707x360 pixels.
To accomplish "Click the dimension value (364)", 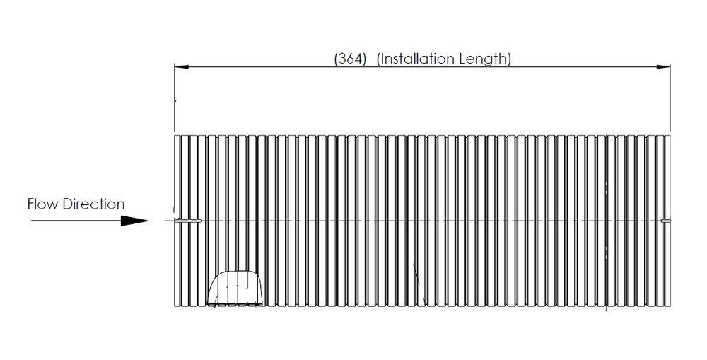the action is (x=350, y=59).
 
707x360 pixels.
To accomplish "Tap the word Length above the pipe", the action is (x=482, y=59).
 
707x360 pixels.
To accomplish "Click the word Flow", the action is (x=42, y=204).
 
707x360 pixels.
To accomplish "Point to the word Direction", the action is (x=93, y=204).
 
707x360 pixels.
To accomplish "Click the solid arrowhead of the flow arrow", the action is (x=134, y=221).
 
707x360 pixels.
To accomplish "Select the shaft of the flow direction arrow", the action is (x=76, y=221).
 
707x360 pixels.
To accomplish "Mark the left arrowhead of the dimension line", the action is (x=181, y=66).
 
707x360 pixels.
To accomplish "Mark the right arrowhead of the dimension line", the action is (x=663, y=66).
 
